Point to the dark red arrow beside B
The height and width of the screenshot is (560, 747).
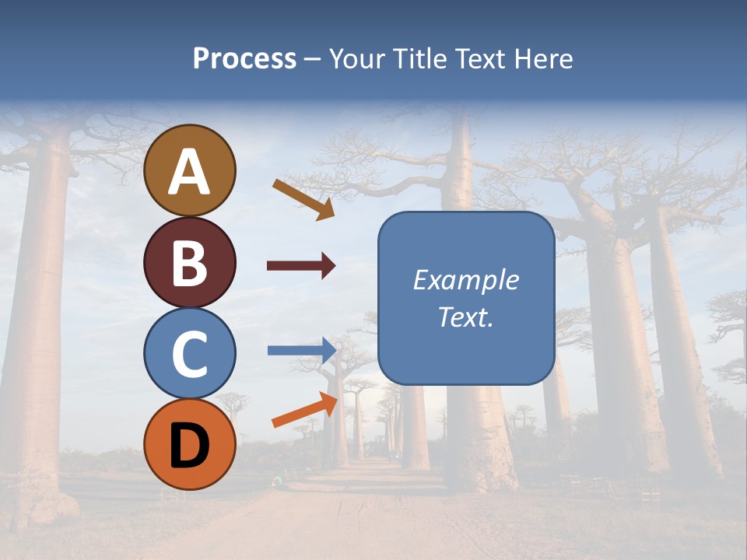click(301, 266)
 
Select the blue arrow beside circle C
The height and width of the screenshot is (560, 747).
click(302, 350)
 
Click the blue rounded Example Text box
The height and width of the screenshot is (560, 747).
click(466, 298)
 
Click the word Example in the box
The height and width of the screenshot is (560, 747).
click(466, 280)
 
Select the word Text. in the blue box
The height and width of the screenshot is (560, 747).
click(466, 317)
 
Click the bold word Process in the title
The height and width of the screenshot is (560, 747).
click(244, 58)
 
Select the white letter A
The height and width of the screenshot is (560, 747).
click(190, 172)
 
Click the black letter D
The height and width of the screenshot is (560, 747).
click(190, 446)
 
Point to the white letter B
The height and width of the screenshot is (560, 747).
click(190, 263)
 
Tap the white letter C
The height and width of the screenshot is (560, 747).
click(190, 354)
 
